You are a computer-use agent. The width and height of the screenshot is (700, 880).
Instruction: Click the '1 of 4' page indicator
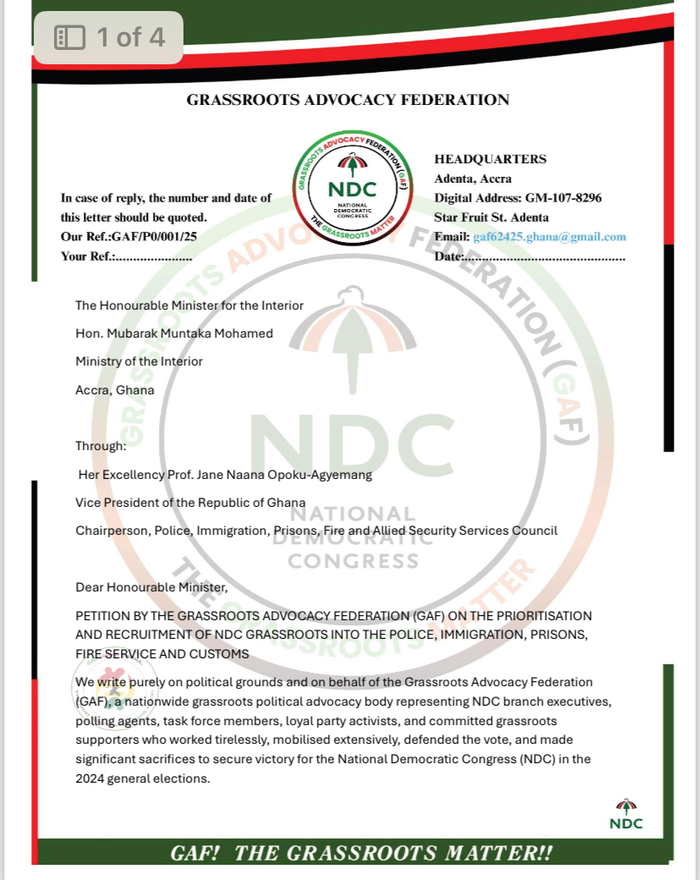coord(108,37)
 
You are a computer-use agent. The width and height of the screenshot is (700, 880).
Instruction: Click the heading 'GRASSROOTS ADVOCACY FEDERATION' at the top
coord(347,100)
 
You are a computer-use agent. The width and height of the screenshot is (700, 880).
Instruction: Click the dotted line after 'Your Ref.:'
coord(153,256)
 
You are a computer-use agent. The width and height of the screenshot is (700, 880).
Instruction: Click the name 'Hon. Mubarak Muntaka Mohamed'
coord(174,333)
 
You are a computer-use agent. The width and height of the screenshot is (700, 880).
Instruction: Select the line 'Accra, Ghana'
coord(115,390)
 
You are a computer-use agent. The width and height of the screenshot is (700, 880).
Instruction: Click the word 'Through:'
coord(101,446)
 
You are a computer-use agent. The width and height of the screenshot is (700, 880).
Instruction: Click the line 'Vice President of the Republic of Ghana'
coord(190,503)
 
